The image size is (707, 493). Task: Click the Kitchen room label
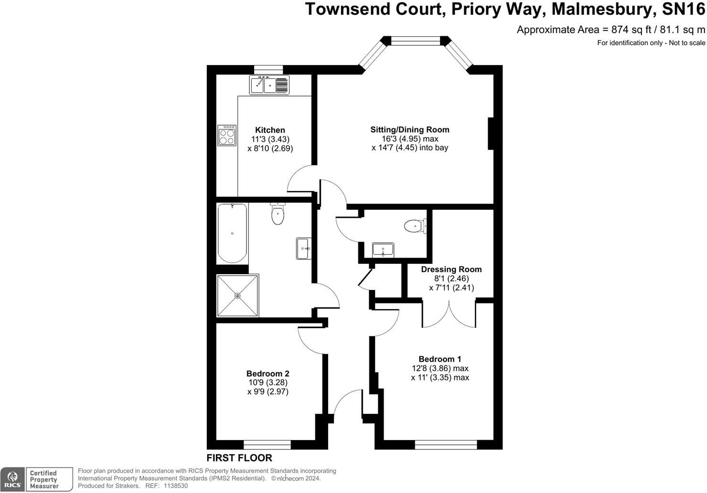coord(270,130)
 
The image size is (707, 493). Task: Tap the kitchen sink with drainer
coord(269,86)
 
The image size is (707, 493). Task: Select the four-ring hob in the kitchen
coord(227,135)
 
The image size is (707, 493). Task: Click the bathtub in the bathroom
coord(233,233)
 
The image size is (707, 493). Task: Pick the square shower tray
coord(237,296)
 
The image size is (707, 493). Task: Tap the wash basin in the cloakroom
coord(383,250)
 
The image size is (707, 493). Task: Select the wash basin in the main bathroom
coord(304,248)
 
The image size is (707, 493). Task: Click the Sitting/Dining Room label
coord(410,129)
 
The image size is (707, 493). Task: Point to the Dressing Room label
coord(451,269)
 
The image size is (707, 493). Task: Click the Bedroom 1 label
coord(439,359)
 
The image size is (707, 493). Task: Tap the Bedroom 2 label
coord(268,374)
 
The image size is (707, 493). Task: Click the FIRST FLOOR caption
coord(239,458)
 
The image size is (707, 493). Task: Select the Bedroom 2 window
coord(267,445)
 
